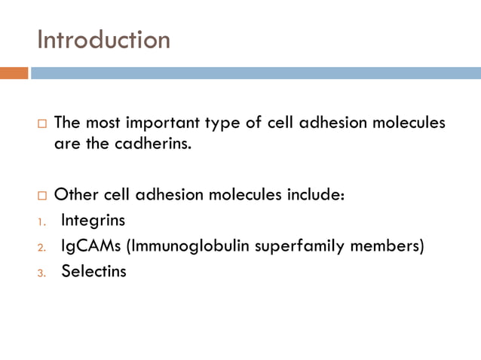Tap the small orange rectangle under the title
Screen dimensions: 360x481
click(14, 73)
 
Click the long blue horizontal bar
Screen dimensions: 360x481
click(256, 73)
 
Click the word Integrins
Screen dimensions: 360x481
click(93, 221)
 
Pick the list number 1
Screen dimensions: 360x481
click(41, 222)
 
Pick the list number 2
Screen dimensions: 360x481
click(41, 248)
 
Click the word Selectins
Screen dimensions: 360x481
click(93, 272)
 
